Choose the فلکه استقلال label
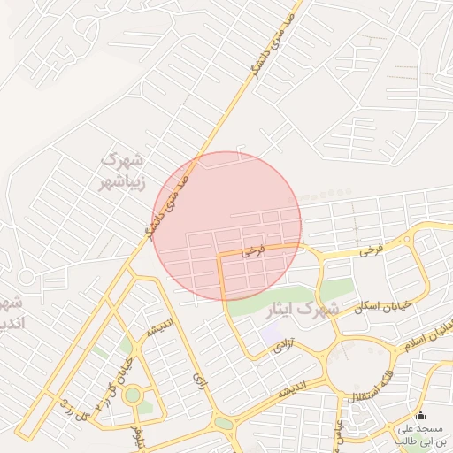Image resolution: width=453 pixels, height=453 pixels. [365, 395]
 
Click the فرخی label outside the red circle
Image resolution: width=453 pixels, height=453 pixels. [371, 251]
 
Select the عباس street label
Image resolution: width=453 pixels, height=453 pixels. [339, 431]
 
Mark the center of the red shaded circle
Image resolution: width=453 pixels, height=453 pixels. [227, 226]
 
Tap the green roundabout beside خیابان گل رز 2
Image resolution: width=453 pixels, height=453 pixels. [133, 395]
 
